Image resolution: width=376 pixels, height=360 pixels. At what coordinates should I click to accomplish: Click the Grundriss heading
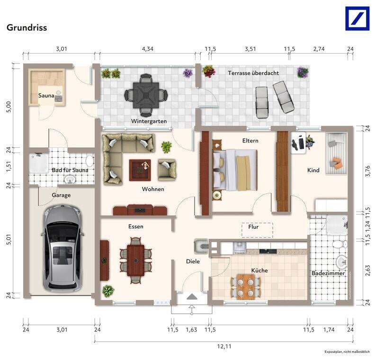27,27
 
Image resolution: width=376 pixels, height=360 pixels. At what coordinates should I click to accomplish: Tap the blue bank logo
357,18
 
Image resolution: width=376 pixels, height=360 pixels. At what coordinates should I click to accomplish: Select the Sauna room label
46,96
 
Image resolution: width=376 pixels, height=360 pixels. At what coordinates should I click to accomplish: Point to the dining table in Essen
136,260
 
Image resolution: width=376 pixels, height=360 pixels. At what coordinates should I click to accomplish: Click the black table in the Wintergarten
146,95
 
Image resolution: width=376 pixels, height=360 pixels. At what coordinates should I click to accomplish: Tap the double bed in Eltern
235,170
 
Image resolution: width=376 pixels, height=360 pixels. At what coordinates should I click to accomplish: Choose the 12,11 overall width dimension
224,346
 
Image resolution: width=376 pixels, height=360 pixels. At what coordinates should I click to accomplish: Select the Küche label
260,270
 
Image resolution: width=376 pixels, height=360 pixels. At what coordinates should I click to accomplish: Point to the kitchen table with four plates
246,287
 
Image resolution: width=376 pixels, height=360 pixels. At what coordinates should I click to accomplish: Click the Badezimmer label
328,273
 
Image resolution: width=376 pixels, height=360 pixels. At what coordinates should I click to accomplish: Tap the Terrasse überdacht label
253,73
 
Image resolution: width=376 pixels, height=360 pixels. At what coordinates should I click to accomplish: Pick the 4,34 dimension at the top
147,49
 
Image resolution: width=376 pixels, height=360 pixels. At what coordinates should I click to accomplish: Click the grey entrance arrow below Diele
192,297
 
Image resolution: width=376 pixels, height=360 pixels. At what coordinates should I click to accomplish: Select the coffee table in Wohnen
140,170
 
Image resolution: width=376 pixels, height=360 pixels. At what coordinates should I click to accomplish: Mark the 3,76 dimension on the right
367,171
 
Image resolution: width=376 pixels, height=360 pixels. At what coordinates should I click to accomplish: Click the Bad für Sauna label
70,170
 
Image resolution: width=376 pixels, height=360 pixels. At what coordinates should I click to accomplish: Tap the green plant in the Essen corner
108,291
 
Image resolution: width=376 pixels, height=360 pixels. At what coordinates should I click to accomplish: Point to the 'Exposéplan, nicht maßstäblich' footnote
347,351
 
